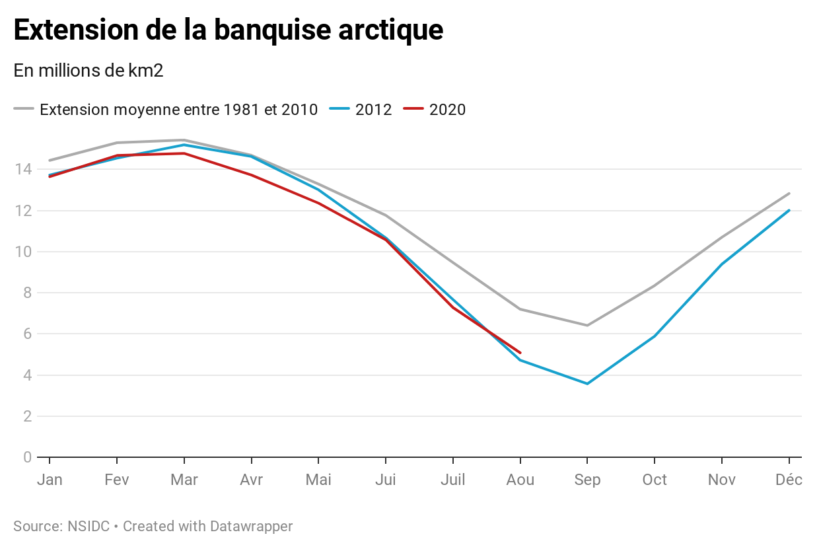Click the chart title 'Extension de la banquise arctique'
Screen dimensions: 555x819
click(x=228, y=30)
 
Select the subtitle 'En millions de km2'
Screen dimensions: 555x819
click(x=88, y=71)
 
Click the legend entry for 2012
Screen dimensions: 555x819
click(x=373, y=110)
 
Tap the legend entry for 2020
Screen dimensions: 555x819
click(x=447, y=110)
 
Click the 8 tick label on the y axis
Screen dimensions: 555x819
click(x=27, y=293)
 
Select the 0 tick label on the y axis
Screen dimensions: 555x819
click(x=27, y=457)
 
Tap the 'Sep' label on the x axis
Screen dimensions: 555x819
click(x=587, y=480)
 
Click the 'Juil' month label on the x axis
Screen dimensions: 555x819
click(x=452, y=480)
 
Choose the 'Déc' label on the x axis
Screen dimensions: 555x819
click(x=789, y=480)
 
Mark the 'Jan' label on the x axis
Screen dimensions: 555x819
click(x=50, y=480)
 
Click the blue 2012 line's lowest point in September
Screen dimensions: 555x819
click(x=587, y=383)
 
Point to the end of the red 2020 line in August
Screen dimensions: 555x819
click(x=520, y=353)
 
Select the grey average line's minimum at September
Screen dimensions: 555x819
click(x=587, y=325)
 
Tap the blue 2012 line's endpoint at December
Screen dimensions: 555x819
click(x=789, y=210)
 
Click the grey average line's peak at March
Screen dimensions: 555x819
click(x=184, y=140)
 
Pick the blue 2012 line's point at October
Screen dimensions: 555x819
click(x=655, y=336)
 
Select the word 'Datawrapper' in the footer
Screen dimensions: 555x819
click(x=251, y=527)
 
